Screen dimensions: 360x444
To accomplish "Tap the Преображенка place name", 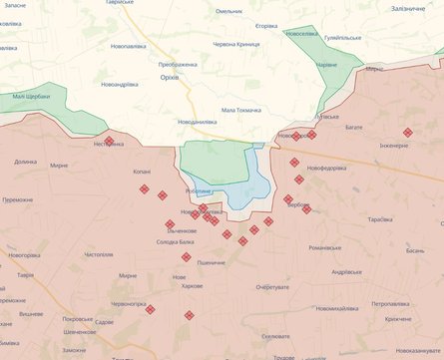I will pyautogui.click(x=179, y=64).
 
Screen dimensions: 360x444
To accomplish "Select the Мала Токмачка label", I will pyautogui.click(x=241, y=110).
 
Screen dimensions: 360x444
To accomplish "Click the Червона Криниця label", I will pyautogui.click(x=236, y=44).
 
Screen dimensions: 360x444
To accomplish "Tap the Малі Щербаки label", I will pyautogui.click(x=32, y=97).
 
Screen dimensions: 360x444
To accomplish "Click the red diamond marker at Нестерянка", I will pyautogui.click(x=109, y=142).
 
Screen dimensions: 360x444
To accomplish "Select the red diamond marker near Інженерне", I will pyautogui.click(x=407, y=133).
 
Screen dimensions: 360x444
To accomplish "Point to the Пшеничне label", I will pyautogui.click(x=212, y=261).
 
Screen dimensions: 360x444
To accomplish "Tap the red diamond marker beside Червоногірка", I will pyautogui.click(x=150, y=309).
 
